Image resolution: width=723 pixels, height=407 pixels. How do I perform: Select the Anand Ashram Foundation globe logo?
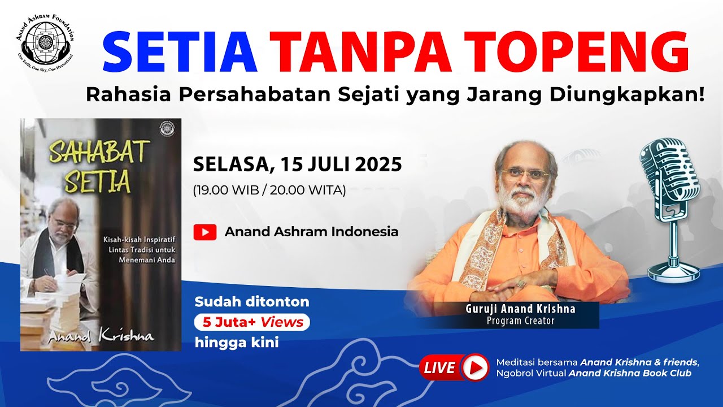click(45, 42)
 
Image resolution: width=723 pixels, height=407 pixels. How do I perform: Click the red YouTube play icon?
click(205, 232)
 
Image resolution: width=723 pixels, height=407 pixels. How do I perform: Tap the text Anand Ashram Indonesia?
click(311, 232)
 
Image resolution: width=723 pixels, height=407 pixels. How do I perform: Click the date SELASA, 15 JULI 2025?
click(298, 164)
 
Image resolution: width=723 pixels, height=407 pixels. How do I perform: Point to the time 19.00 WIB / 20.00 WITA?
click(269, 190)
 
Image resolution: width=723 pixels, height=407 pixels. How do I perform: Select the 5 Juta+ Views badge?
click(252, 322)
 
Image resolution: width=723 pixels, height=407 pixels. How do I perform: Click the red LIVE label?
click(441, 368)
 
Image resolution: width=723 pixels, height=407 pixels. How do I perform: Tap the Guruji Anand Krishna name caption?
click(520, 309)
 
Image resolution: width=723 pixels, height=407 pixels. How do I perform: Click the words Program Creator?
click(520, 321)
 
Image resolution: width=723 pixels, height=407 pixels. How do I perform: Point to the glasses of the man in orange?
click(525, 175)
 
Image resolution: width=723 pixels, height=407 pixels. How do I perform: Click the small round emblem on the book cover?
click(167, 128)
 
